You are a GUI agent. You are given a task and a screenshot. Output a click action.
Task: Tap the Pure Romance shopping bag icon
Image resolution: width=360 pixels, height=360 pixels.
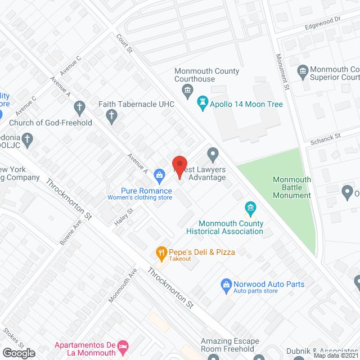pyautogui.click(x=160, y=175)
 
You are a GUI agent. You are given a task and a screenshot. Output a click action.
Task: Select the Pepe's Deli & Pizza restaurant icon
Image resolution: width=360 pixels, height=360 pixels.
pyautogui.click(x=161, y=253)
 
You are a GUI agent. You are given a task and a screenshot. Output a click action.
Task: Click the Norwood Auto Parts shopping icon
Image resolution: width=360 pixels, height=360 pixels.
pyautogui.click(x=226, y=285)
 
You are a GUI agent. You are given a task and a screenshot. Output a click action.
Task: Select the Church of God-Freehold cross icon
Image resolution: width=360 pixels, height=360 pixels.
pyautogui.click(x=80, y=107)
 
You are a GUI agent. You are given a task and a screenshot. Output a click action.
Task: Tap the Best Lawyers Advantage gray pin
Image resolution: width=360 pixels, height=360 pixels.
pyautogui.click(x=213, y=153)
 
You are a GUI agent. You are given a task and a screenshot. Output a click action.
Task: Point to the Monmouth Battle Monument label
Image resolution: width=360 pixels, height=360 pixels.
pyautogui.click(x=291, y=187)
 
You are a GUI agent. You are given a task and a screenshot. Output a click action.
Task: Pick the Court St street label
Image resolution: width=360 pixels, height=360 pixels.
pyautogui.click(x=124, y=43)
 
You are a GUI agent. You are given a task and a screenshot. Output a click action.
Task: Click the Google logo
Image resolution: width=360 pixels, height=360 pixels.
pyautogui.click(x=18, y=353)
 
